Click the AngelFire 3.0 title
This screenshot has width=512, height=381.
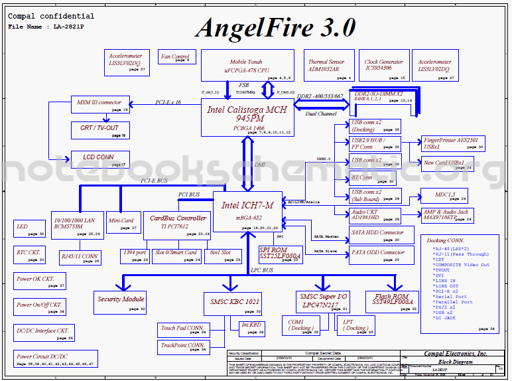pyautogui.click(x=275, y=27)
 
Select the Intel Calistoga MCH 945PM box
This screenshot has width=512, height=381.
pyautogui.click(x=247, y=117)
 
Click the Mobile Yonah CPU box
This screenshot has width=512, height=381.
pyautogui.click(x=246, y=65)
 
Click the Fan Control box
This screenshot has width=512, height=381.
pyautogui.click(x=176, y=58)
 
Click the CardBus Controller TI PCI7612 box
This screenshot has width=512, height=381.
pyautogui.click(x=178, y=224)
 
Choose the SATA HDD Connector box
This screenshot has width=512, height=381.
pyautogui.click(x=377, y=235)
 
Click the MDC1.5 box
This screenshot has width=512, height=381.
pyautogui.click(x=445, y=196)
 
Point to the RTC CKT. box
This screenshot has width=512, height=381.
pyautogui.click(x=30, y=254)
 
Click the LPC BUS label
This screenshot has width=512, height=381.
pyautogui.click(x=262, y=271)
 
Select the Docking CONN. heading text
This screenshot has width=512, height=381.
pyautogui.click(x=446, y=240)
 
